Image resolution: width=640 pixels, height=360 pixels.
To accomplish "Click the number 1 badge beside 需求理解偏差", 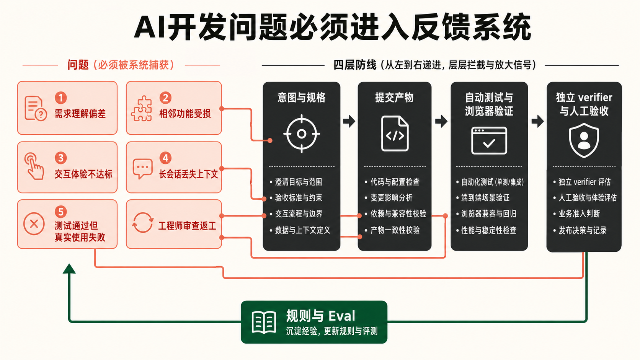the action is (x=60, y=98).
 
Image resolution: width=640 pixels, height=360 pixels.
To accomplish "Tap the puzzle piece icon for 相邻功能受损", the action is (x=142, y=109).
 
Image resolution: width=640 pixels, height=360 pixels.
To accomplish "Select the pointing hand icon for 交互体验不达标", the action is (x=34, y=166).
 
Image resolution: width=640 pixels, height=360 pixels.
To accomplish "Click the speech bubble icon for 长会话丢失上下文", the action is (x=142, y=168).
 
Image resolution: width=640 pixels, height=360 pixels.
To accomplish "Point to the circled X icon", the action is (x=34, y=224).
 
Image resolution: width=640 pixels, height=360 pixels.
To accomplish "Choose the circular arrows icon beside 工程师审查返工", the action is (x=142, y=223).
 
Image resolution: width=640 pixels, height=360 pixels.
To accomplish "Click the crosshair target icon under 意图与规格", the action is (x=301, y=134).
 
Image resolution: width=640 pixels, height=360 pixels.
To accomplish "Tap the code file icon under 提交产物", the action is (x=395, y=134).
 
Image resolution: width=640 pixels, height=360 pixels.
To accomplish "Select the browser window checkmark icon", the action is (x=489, y=140).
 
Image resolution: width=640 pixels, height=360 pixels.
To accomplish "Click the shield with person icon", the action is (x=584, y=140).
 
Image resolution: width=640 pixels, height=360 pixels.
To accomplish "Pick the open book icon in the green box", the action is (x=264, y=322).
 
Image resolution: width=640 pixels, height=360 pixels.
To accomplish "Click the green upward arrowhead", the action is (x=69, y=269).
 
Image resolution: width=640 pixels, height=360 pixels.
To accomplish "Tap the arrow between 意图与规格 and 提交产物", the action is (x=349, y=121).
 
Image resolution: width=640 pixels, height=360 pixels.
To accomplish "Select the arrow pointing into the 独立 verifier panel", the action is (x=537, y=121).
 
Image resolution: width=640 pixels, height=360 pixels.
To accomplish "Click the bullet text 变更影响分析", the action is (x=392, y=197).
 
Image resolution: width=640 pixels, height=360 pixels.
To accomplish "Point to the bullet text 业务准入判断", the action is (x=579, y=213).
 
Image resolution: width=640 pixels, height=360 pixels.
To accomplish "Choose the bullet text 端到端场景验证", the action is (x=485, y=197).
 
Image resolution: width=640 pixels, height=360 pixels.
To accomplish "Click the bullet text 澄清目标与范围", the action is (x=298, y=182).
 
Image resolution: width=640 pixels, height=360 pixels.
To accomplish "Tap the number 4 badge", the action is (x=165, y=158).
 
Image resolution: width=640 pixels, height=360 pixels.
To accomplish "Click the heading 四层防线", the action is (x=355, y=65).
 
